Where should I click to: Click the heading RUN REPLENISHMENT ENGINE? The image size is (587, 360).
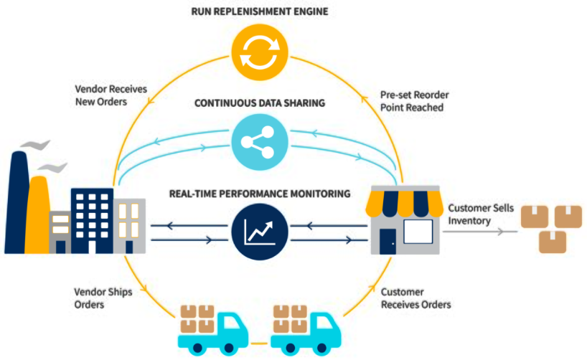coord(259,13)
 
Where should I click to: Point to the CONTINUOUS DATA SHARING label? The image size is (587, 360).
coord(260,103)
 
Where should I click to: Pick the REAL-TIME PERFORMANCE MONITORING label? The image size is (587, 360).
coord(260,193)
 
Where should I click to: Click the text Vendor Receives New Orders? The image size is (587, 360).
coord(103,96)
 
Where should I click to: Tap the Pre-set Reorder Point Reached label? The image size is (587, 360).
coord(412,101)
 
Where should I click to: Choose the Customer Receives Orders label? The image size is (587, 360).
coord(415,298)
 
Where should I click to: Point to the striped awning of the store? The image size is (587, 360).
coord(403,202)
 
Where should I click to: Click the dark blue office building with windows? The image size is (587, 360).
coord(91,219)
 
